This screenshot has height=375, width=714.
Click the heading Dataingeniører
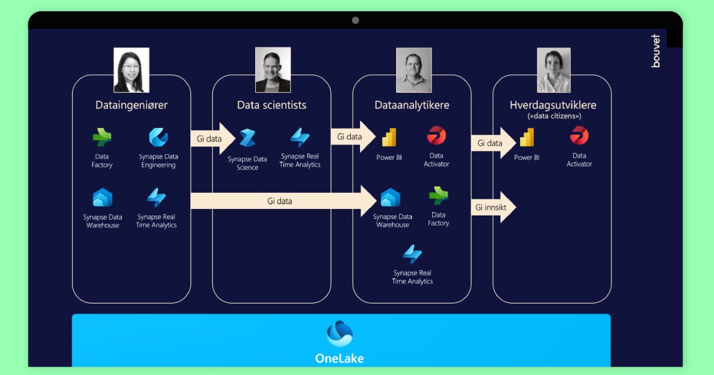tap(131, 105)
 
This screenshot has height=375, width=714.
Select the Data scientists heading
tap(271, 105)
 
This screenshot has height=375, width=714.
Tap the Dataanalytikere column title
tap(412, 105)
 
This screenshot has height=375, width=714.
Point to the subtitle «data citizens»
tap(553, 116)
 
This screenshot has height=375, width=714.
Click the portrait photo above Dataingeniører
tap(131, 70)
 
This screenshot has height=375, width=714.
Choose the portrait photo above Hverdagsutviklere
tap(553, 70)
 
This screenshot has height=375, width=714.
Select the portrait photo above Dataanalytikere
tap(414, 70)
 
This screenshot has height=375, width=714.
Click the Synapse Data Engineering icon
tap(158, 137)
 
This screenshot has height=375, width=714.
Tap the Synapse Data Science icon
tap(247, 138)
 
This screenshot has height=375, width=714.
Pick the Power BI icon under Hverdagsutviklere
tap(527, 138)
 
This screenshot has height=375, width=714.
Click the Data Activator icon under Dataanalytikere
tap(436, 136)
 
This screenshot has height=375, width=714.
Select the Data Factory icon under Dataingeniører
tap(102, 137)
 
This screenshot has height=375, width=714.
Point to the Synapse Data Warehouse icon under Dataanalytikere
tap(390, 198)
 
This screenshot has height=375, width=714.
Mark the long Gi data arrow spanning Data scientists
tap(283, 201)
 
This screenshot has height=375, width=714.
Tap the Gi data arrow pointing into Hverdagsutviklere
tap(493, 143)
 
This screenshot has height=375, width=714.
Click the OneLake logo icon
tap(340, 333)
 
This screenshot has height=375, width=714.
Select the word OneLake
tap(340, 358)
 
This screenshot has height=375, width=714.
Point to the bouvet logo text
tap(656, 51)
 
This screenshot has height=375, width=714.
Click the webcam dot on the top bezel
tap(355, 20)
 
